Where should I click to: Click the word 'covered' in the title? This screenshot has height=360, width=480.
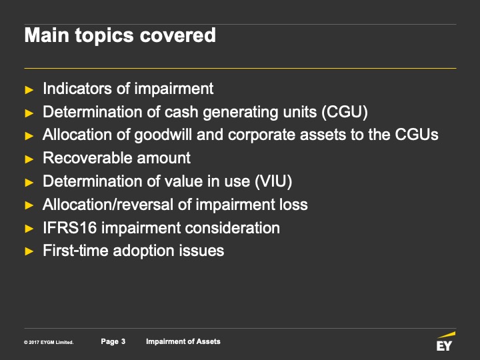tap(178, 35)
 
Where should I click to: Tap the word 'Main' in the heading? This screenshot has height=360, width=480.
tap(47, 35)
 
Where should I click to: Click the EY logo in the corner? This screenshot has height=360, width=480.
tap(445, 341)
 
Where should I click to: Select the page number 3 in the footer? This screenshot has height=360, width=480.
tap(123, 341)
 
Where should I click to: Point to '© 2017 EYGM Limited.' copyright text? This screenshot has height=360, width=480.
tap(49, 342)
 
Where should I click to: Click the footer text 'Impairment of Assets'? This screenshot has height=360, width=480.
tap(183, 341)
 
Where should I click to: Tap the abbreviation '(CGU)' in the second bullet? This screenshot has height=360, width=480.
tap(345, 112)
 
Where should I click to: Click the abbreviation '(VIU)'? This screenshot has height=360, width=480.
tap(273, 181)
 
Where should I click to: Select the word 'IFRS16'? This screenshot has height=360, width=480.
tap(70, 228)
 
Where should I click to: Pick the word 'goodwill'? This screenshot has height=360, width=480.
tap(163, 135)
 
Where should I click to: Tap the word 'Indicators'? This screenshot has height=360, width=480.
tap(77, 89)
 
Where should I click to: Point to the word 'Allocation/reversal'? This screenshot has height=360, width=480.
tap(108, 205)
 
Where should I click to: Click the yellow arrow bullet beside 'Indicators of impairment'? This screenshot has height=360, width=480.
tap(29, 90)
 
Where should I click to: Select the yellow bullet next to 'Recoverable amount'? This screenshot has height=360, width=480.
tap(29, 159)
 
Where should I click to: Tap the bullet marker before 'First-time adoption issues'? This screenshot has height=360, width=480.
tap(29, 251)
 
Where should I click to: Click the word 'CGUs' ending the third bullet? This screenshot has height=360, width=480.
tap(417, 135)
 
